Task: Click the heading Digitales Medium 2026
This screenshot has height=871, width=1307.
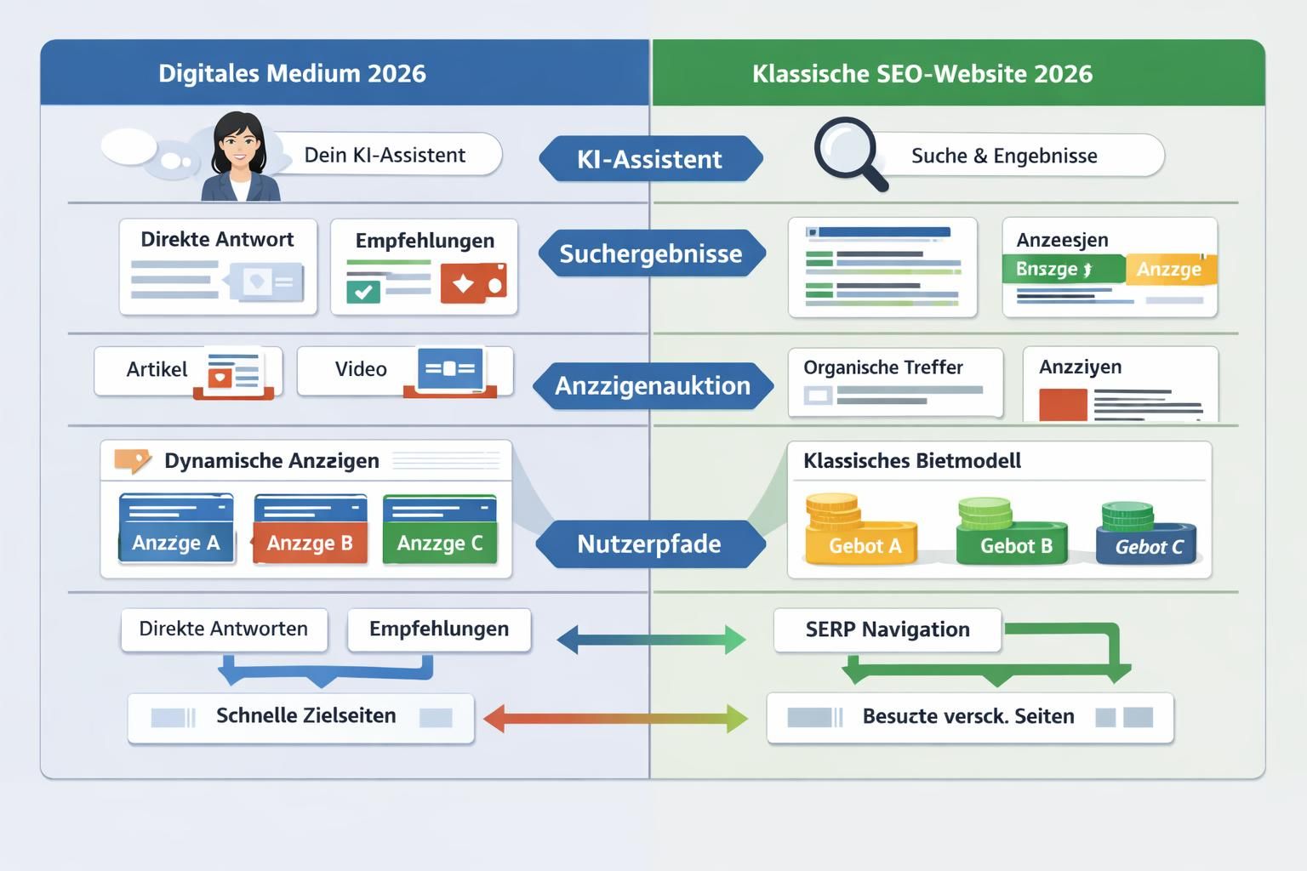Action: coord(292,73)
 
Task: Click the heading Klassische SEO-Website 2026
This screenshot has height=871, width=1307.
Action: coord(922,73)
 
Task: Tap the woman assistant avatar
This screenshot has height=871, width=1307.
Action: coord(239,157)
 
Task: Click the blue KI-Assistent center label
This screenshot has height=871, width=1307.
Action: coord(650,159)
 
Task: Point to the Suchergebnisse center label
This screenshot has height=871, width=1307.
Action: coord(651,253)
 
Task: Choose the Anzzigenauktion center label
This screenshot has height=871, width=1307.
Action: coord(653,385)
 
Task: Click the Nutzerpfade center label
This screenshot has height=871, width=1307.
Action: coord(649,544)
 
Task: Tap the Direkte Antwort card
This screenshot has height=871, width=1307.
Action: coord(218,266)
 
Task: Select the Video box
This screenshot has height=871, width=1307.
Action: coord(404,370)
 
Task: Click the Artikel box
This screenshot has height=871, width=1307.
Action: coord(187,371)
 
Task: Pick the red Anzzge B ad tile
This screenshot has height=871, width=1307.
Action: coord(310,531)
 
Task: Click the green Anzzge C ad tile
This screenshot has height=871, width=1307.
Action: coord(440,531)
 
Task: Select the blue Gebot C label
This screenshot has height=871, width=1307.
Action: coord(1148,547)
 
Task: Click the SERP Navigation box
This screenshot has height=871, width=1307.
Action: coord(887,629)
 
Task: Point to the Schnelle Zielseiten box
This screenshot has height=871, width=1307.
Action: coord(301,716)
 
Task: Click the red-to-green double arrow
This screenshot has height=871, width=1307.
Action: coord(615,718)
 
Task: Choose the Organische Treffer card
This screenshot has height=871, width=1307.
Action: coord(895,382)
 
